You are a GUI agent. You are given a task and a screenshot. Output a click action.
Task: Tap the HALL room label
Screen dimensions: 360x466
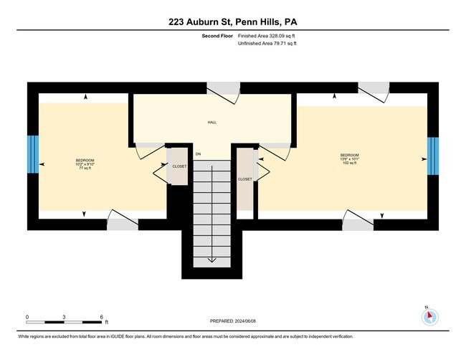point(212,123)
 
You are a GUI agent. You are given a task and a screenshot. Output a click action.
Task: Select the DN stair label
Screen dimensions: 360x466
point(198,153)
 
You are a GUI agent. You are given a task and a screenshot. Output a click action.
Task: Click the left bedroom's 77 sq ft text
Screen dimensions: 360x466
point(85,169)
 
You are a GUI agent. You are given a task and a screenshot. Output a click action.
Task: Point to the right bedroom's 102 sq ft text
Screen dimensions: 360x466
point(349,164)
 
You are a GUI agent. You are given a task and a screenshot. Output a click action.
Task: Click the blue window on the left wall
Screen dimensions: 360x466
point(32,154)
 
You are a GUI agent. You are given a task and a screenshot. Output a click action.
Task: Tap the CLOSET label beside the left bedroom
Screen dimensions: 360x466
point(179,166)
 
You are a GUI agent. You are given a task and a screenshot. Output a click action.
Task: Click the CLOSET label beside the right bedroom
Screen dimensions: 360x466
point(244,179)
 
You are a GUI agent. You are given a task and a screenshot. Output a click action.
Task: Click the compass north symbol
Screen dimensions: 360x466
point(429,315)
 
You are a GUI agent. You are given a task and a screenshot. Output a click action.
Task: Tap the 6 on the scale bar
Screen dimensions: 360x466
point(103,316)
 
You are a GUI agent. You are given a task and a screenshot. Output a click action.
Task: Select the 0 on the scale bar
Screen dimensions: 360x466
point(27,316)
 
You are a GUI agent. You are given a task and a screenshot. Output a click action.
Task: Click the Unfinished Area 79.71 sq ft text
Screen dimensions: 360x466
point(266,44)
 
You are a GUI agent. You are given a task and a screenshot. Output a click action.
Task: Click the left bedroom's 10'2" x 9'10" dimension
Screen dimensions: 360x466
point(85,164)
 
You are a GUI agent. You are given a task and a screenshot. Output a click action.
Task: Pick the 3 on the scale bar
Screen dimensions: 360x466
point(65,316)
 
